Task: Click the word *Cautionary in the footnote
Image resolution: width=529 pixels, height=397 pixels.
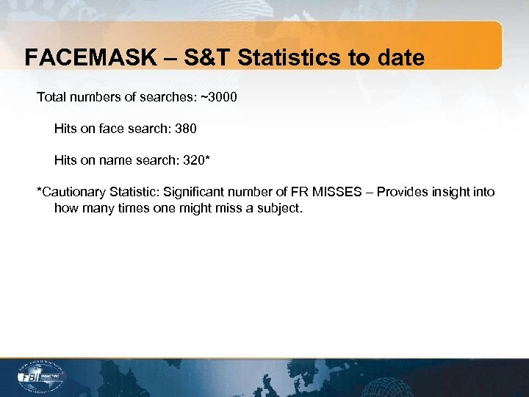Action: [72, 192]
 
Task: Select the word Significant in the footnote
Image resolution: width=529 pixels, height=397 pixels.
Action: [193, 192]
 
